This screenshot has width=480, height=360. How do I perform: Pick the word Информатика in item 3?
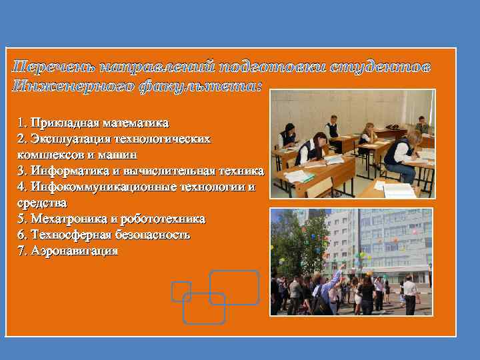pos(71,171)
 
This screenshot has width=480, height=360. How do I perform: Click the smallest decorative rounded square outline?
pos(181,291)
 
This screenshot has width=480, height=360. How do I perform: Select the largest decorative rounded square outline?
pos(234,287)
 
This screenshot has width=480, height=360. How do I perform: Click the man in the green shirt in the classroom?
pos(421,125)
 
